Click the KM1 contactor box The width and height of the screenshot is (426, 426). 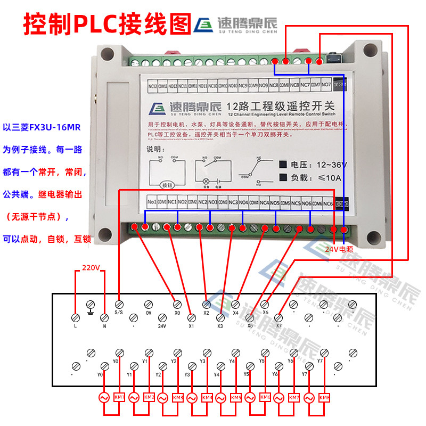click(119, 397)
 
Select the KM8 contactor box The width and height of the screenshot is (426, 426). click(324, 397)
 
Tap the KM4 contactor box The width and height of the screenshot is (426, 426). click(207, 397)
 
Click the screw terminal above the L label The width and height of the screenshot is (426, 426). click(75, 317)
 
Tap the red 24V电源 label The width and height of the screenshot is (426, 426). click(339, 249)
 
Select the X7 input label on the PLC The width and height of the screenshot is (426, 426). click(278, 325)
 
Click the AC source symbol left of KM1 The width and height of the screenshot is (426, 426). click(104, 397)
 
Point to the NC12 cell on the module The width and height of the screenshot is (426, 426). click(152, 85)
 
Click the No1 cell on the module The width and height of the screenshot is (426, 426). click(152, 203)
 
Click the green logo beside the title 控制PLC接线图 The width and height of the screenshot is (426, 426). click(203, 24)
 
